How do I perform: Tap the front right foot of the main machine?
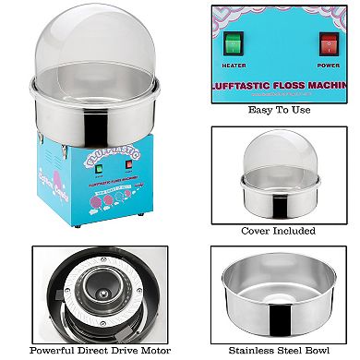coord(137,226)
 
